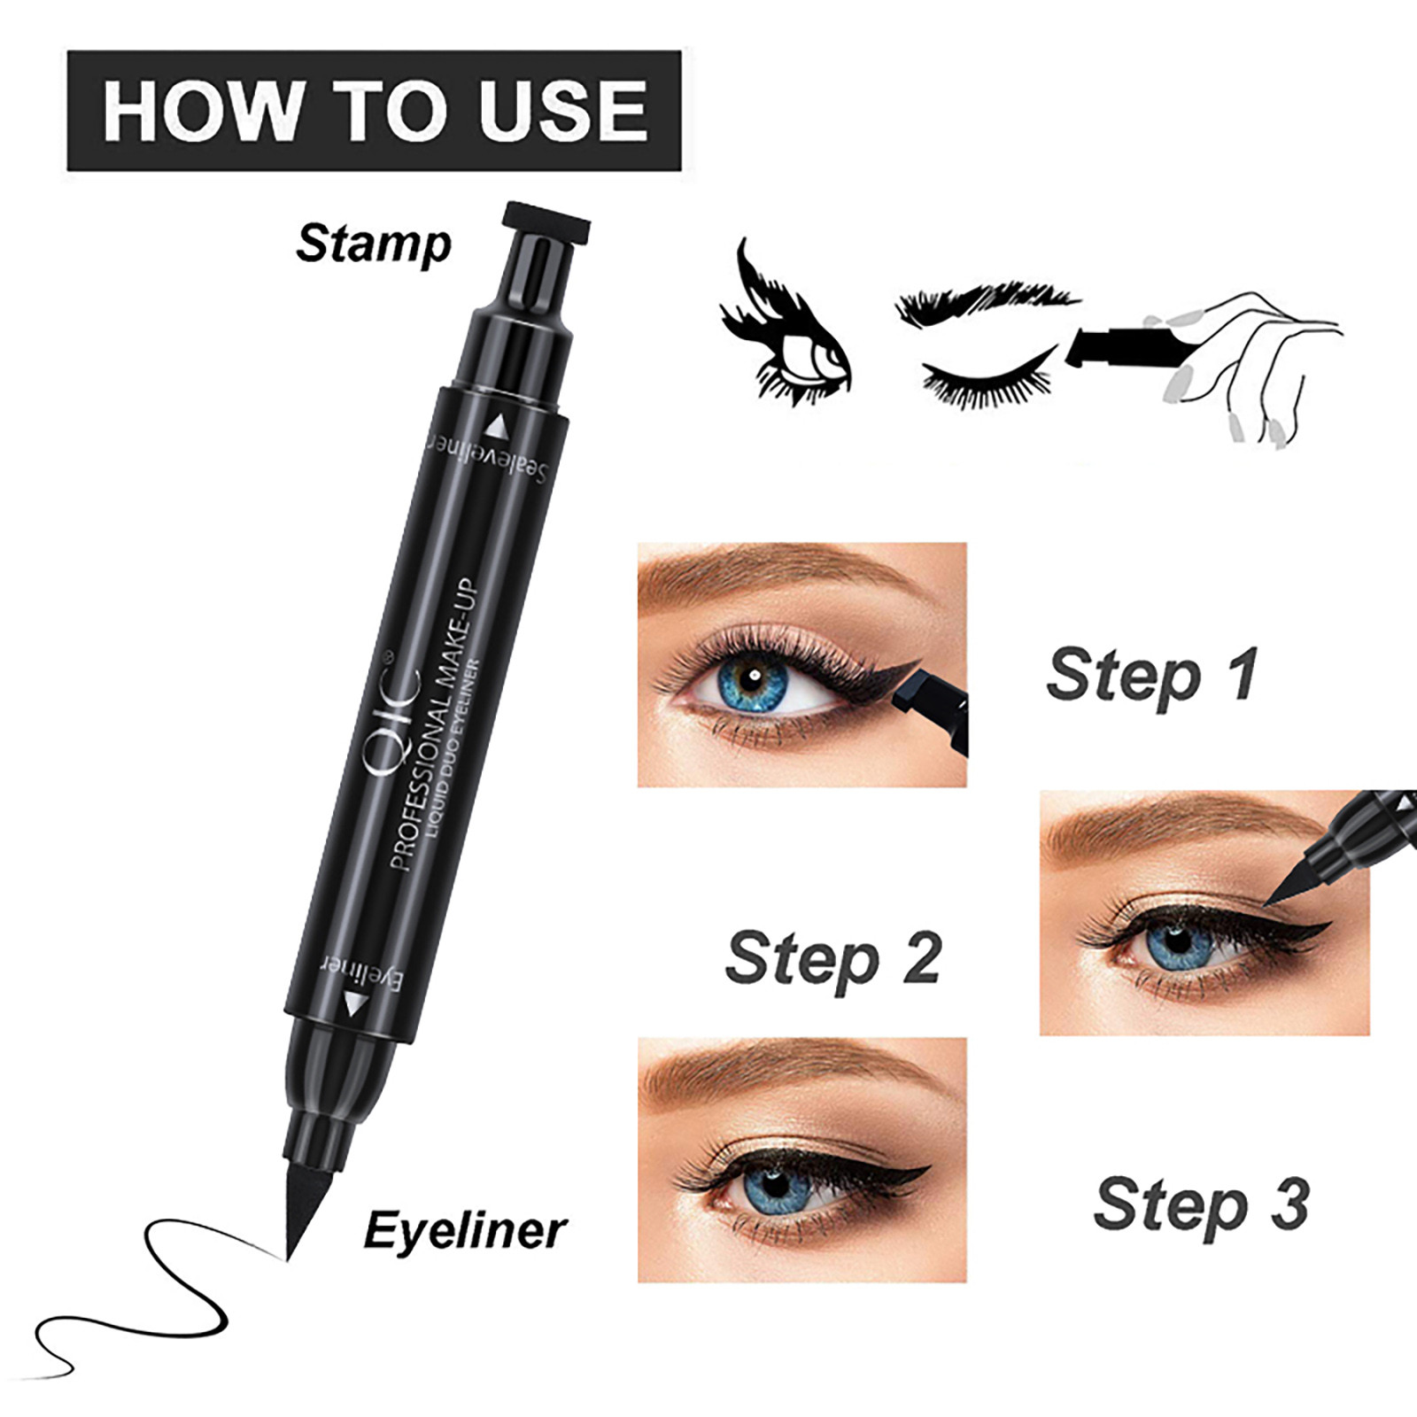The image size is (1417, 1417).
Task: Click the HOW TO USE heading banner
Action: point(374,111)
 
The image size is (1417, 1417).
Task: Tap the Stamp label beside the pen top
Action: point(373,244)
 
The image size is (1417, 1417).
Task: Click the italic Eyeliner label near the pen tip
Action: point(464,1231)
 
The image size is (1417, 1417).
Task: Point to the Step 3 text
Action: point(1201,1205)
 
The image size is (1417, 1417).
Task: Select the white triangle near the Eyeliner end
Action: point(354,1005)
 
